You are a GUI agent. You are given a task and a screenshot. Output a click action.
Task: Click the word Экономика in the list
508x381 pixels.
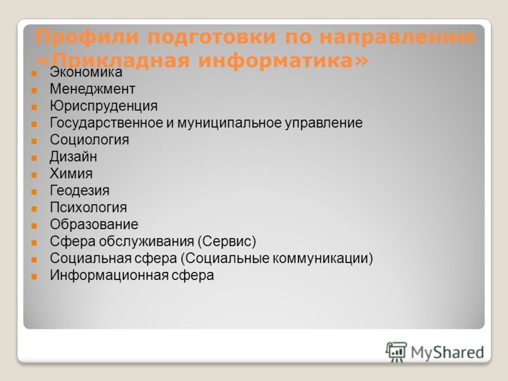tap(86, 72)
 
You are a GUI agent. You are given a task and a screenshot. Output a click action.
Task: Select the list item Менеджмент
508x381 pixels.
tap(92, 89)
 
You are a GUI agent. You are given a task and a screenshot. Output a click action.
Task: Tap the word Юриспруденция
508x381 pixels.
tap(104, 106)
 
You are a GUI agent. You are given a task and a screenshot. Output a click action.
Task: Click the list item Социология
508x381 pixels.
tap(90, 140)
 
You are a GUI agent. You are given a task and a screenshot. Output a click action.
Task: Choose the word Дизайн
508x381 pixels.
tap(73, 157)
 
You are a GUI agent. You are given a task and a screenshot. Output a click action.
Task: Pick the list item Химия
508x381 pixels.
tap(71, 173)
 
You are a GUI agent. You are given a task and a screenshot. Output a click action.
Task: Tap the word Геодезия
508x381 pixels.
tap(79, 190)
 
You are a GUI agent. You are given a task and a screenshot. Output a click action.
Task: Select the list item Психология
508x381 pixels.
tap(88, 208)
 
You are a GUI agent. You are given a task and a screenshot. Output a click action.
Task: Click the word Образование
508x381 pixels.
tap(94, 225)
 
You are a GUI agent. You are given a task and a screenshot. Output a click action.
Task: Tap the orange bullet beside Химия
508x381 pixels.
tap(34, 175)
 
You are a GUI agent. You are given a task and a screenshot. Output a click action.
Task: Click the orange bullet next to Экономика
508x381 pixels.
tap(34, 73)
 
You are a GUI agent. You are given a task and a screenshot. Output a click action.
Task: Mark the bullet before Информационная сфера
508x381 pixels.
tap(34, 277)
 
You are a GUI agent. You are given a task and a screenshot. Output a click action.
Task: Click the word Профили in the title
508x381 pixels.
tap(87, 37)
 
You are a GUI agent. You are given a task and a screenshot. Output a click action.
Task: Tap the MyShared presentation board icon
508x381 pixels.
tap(396, 352)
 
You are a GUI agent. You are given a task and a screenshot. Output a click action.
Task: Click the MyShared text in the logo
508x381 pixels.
tap(448, 352)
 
